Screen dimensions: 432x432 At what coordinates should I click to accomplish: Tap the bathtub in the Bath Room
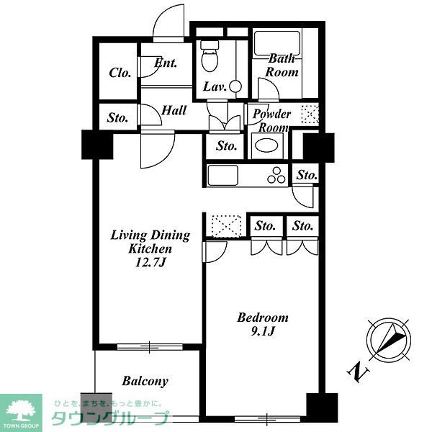277,43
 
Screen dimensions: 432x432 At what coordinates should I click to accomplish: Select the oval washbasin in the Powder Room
266,146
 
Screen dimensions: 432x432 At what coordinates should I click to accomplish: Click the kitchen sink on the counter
222,175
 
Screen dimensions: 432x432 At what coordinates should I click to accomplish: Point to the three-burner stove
276,176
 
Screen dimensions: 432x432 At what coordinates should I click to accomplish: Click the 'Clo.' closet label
120,73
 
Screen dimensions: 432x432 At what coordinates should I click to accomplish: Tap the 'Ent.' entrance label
166,63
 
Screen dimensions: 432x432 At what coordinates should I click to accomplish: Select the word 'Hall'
174,110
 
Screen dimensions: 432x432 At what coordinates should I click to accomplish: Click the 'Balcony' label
145,382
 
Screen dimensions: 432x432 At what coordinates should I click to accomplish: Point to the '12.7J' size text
150,262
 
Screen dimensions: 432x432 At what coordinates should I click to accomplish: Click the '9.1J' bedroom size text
263,331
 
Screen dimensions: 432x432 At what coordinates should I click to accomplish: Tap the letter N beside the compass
358,372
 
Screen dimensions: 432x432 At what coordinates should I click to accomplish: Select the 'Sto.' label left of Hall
117,118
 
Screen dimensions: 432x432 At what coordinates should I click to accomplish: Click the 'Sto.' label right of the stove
307,175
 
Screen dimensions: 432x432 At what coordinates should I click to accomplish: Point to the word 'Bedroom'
263,318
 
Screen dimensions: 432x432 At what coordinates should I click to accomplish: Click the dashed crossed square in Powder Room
310,114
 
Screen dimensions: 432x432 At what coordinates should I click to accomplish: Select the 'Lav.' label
215,87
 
